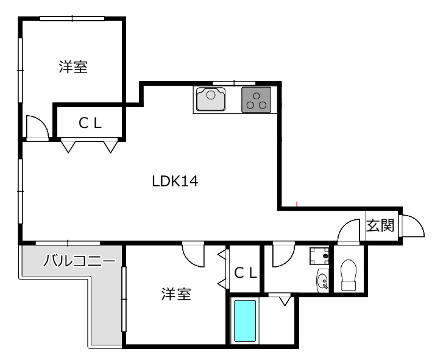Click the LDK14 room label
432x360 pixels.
click(x=175, y=181)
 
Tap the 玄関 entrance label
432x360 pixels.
click(x=380, y=225)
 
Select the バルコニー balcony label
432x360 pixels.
click(x=79, y=262)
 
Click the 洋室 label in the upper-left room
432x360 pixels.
click(x=73, y=67)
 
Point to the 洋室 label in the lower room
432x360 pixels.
click(x=176, y=295)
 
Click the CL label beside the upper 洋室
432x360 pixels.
click(x=90, y=123)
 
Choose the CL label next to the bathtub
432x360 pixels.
click(x=246, y=274)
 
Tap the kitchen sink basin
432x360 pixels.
click(x=211, y=99)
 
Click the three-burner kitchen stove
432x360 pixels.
click(x=257, y=99)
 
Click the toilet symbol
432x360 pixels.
click(x=349, y=275)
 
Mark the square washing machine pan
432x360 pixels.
click(x=319, y=256)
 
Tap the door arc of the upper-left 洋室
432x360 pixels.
click(x=37, y=127)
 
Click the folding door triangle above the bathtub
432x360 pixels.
click(x=283, y=300)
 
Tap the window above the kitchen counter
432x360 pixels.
click(x=233, y=82)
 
